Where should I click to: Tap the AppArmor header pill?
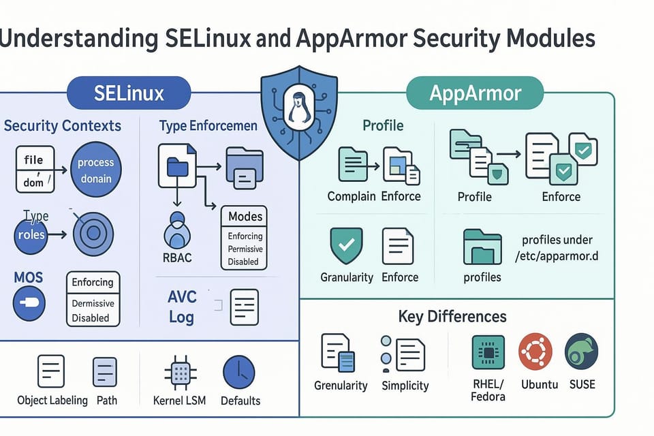[474, 93]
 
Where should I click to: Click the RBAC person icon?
[177, 230]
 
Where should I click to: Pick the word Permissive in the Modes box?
[245, 249]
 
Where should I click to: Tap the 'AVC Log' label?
[182, 307]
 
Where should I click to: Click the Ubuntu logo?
[535, 352]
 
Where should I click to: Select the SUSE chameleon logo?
[581, 352]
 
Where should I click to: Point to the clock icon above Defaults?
[239, 373]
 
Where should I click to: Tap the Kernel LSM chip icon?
[181, 373]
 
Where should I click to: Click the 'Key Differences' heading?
[452, 316]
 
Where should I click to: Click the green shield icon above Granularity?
[346, 246]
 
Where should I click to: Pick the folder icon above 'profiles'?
[482, 247]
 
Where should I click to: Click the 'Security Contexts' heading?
[63, 126]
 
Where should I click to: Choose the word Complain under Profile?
[352, 196]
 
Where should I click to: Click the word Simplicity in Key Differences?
[405, 386]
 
